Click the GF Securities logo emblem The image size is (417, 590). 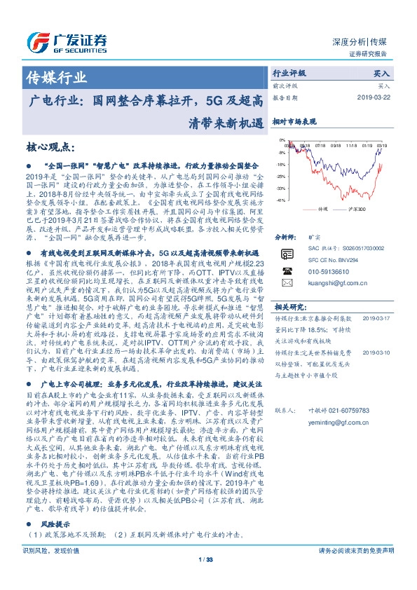coord(39,41)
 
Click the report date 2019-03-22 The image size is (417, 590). coord(374,97)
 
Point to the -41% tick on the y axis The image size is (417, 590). coord(280,200)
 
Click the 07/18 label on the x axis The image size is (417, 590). coord(322,147)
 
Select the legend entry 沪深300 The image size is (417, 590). coord(357,209)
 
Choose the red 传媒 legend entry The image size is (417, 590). coord(320,209)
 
